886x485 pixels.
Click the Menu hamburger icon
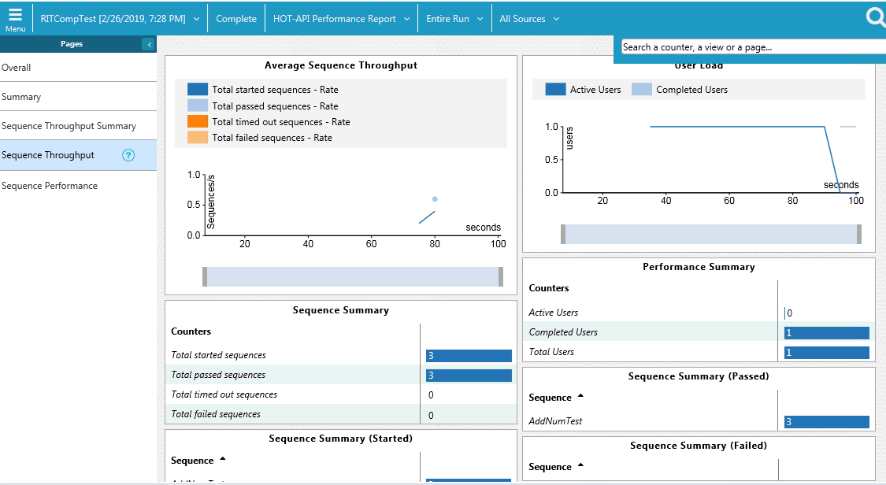pos(15,18)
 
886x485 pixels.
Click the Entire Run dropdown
pos(454,19)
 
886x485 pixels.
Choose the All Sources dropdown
pos(529,19)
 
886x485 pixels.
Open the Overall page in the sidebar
pos(17,68)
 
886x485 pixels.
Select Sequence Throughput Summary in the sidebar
pos(69,126)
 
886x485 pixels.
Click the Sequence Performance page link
pos(50,186)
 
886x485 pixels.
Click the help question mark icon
pos(128,155)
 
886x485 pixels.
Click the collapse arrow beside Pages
pos(149,45)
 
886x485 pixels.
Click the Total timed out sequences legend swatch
pos(198,122)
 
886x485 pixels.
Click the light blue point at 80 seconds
pos(435,199)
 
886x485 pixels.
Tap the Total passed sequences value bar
pos(469,376)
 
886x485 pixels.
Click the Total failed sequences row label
pos(216,414)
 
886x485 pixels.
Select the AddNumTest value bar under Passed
pos(827,422)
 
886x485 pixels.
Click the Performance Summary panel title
pos(699,267)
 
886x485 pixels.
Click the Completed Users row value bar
pos(827,332)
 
